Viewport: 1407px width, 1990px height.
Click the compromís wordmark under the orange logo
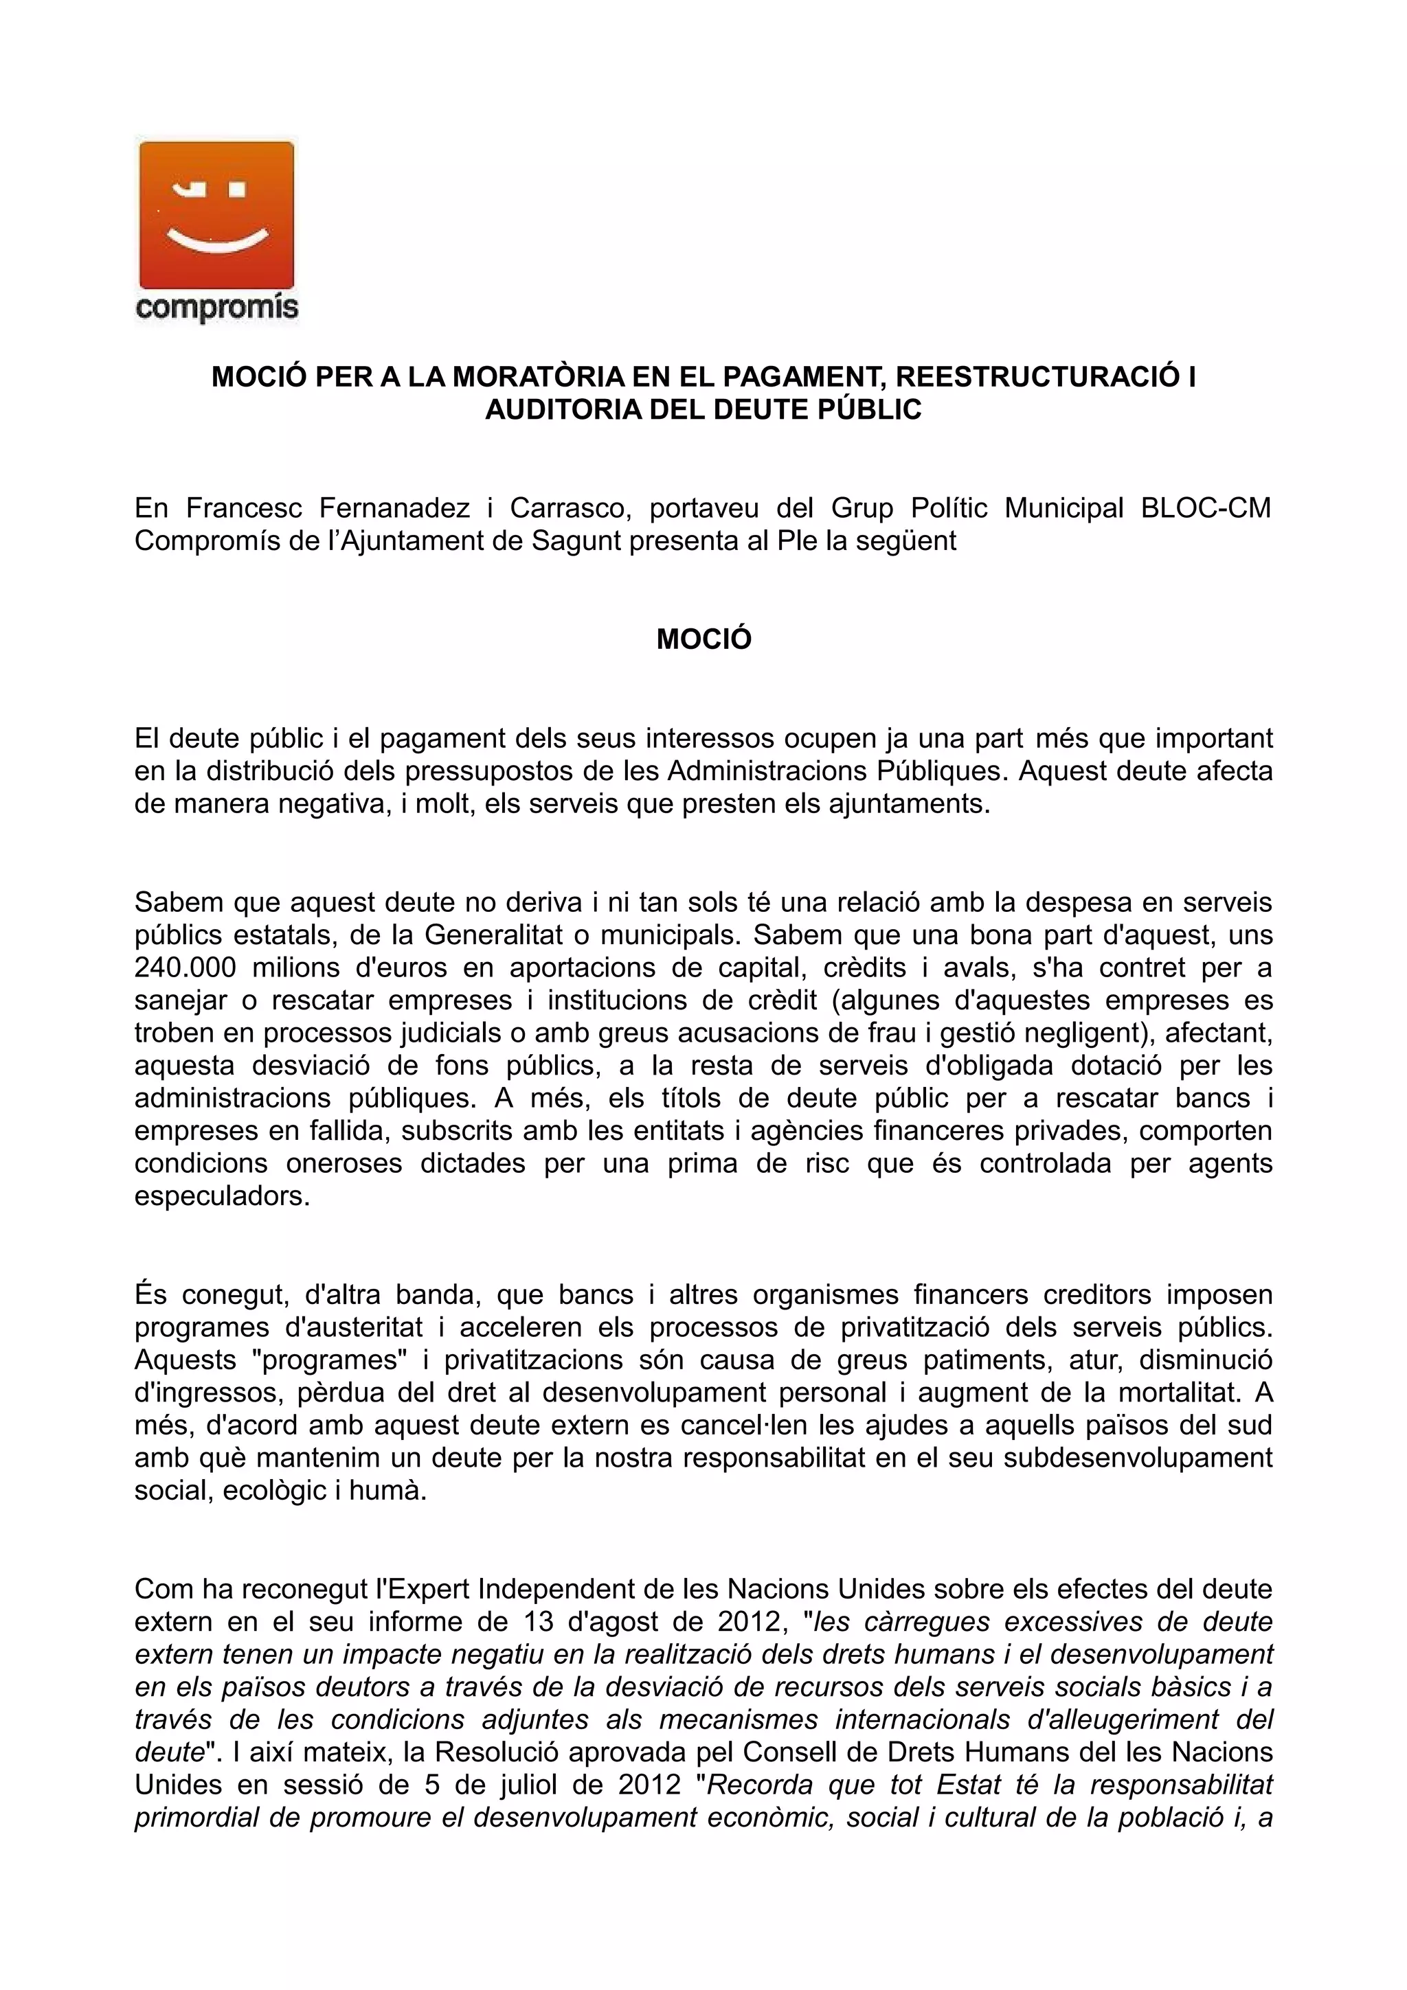(x=216, y=307)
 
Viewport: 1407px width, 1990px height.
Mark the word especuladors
(x=222, y=1196)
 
